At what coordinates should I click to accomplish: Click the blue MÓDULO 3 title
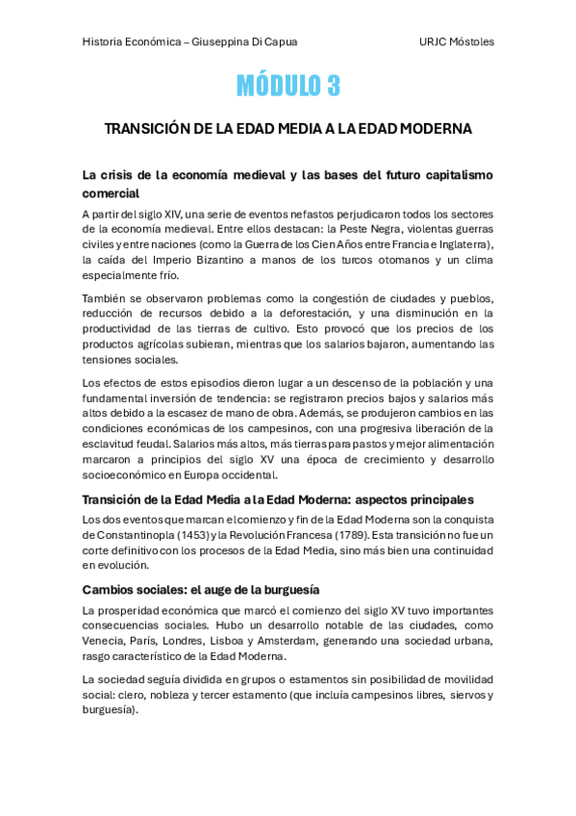click(x=288, y=87)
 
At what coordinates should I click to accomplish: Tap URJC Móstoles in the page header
click(x=457, y=41)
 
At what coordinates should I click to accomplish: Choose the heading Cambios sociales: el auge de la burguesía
click(x=201, y=589)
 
